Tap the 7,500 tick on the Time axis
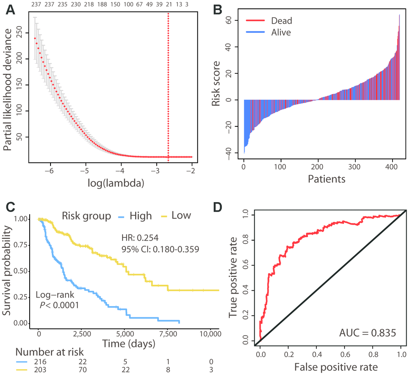click(168, 333)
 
